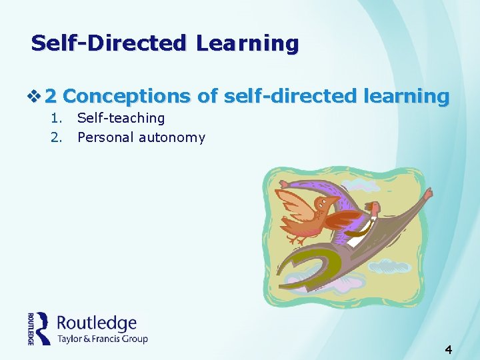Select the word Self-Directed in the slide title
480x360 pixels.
coord(110,44)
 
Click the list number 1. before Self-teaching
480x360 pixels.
coord(57,119)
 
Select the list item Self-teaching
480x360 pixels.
coord(121,119)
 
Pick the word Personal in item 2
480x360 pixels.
coord(105,138)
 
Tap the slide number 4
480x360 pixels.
coord(449,349)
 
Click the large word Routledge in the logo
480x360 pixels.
coord(97,324)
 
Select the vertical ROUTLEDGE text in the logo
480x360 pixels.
coord(31,328)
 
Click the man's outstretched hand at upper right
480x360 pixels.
coord(427,193)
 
